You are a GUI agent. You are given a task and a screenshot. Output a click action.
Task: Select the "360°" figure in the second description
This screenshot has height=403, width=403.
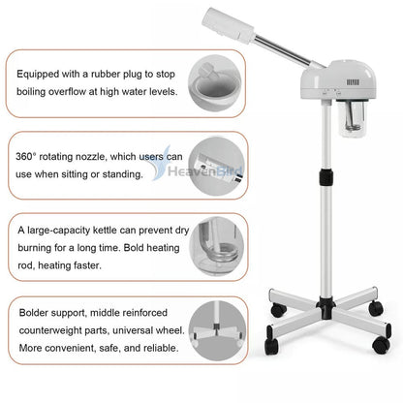pyautogui.click(x=29, y=155)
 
